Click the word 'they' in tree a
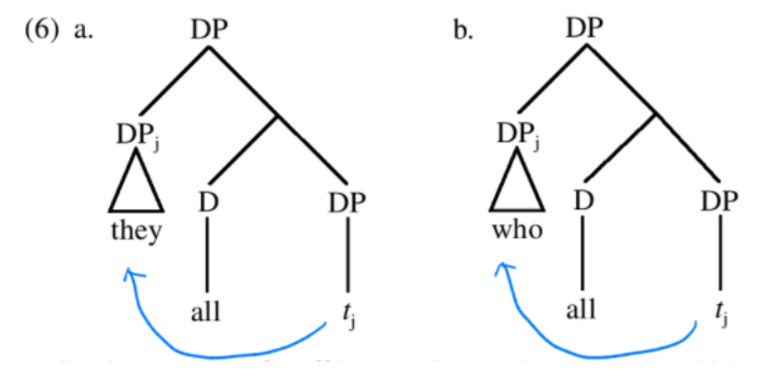pos(136,231)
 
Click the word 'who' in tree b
pos(516,231)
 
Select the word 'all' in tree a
pos(205,312)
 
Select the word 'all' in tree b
pos(582,312)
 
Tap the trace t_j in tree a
pos(347,314)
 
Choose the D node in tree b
pos(582,201)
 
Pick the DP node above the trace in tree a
pos(347,202)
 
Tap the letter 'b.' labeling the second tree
pos(462,31)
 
